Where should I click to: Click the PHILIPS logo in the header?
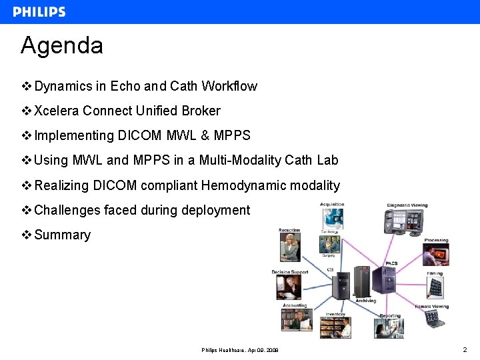click(39, 12)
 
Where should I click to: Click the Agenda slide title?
click(62, 45)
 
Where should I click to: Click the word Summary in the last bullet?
click(62, 235)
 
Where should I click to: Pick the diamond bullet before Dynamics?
click(27, 86)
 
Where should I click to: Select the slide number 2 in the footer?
click(465, 349)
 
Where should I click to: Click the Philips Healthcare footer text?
click(240, 350)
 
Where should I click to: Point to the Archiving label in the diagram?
click(365, 301)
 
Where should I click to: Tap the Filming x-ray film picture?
click(435, 287)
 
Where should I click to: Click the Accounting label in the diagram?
click(295, 306)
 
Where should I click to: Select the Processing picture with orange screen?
click(435, 255)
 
